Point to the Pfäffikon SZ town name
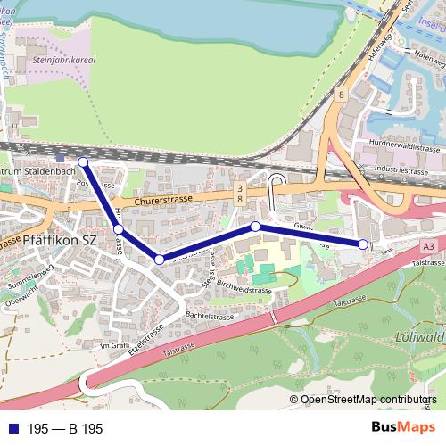[x=65, y=240]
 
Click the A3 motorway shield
[x=430, y=244]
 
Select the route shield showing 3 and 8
[x=241, y=194]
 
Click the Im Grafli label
[x=115, y=346]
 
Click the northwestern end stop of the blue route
[x=83, y=161]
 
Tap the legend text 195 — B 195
[x=65, y=429]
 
